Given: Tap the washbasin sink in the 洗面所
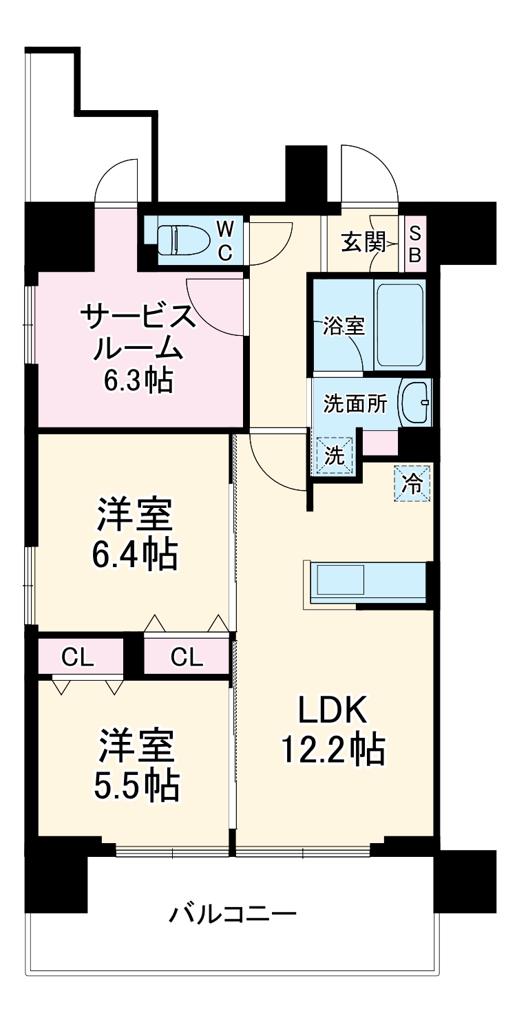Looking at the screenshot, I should click(416, 403).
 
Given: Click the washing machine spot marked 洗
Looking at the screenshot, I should click(334, 456).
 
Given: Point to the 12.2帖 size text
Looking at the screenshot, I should click(333, 750).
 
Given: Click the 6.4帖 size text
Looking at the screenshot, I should click(136, 554).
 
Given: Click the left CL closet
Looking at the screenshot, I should click(78, 659).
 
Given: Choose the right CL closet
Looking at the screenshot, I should click(187, 659).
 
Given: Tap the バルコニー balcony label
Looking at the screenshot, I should click(233, 915).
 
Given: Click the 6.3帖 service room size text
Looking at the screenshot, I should click(138, 379).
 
